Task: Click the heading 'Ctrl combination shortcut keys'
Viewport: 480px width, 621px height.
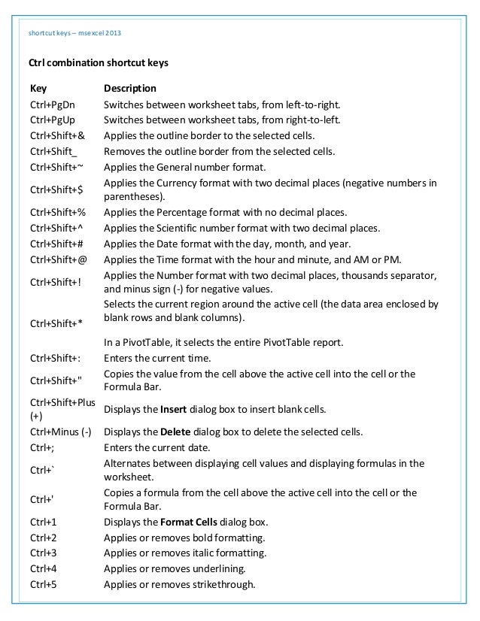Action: (98, 64)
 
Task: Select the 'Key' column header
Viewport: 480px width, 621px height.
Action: (38, 88)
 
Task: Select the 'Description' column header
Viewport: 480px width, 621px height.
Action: (129, 88)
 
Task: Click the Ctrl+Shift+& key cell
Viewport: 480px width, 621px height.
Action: (57, 135)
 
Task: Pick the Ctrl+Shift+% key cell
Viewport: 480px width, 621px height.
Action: (57, 213)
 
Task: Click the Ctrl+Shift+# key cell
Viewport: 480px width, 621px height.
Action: (57, 244)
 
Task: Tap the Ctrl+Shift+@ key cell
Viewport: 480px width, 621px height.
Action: (58, 260)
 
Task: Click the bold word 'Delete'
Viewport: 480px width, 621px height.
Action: (172, 432)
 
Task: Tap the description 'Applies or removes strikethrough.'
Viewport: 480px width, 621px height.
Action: (180, 584)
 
